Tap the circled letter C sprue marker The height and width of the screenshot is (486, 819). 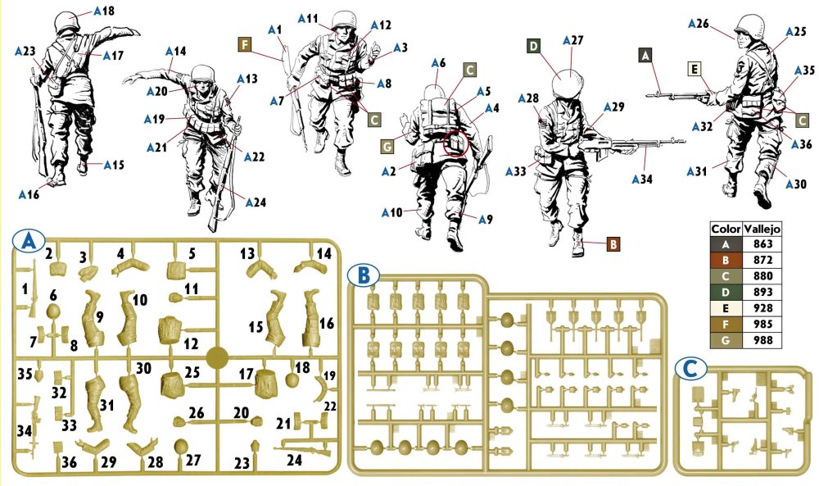(x=690, y=369)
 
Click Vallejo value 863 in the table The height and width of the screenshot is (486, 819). (x=762, y=244)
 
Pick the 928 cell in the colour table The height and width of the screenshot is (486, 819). (x=762, y=308)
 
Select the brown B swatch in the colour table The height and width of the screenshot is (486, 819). (x=726, y=261)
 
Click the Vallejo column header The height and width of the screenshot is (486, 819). (x=762, y=229)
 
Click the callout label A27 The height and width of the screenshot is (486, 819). (x=573, y=40)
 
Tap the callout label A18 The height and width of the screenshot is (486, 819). (x=104, y=11)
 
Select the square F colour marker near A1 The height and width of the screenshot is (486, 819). (x=244, y=44)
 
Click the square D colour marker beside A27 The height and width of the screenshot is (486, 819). (x=533, y=47)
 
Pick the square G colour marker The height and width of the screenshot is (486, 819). (x=387, y=148)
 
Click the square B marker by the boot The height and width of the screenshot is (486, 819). (x=613, y=244)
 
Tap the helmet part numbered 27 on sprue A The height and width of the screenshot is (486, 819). (x=180, y=447)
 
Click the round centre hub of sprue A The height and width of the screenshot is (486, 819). (x=217, y=358)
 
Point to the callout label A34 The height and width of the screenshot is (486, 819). (x=642, y=179)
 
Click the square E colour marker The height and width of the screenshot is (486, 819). (x=695, y=70)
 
